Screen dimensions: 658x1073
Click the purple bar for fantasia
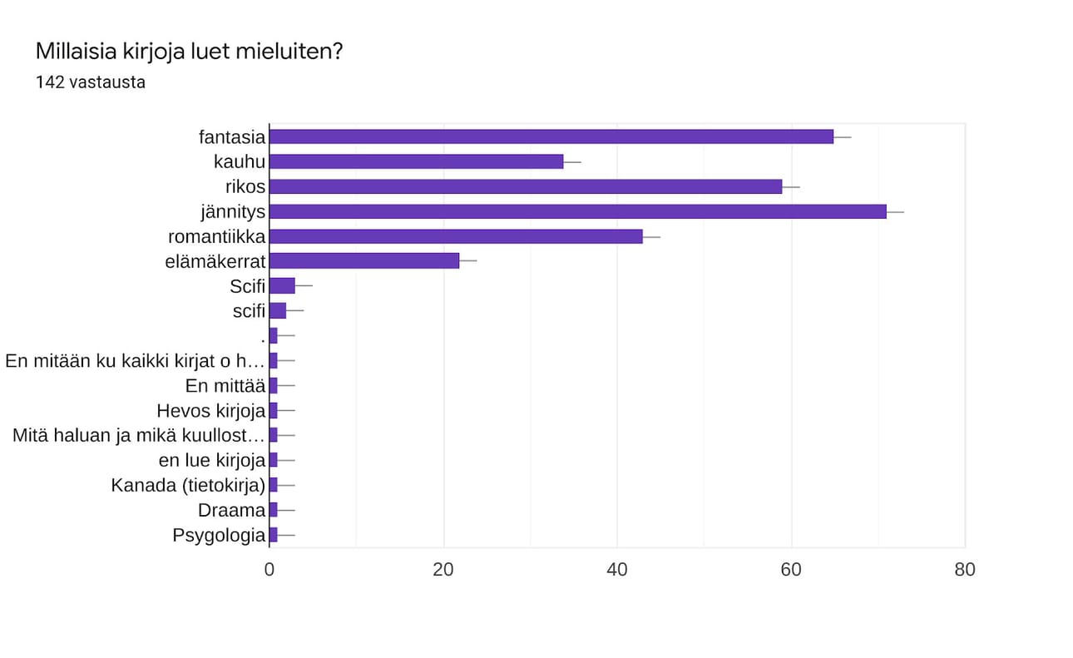click(551, 136)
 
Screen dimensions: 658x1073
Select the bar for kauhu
click(416, 161)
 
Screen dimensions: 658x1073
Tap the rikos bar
click(526, 186)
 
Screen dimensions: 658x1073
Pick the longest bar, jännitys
click(577, 211)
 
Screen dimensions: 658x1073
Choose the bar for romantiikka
click(456, 236)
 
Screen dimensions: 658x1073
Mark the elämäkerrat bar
click(364, 261)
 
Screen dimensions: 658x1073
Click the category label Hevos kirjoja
click(210, 411)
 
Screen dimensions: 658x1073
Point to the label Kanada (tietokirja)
click(188, 486)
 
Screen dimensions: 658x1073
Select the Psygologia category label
click(219, 536)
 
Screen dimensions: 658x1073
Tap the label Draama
click(231, 511)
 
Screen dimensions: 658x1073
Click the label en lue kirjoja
click(211, 461)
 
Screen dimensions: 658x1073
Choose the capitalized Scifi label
click(247, 286)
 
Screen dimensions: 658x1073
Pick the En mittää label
click(225, 386)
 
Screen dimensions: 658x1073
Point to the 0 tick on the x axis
click(269, 570)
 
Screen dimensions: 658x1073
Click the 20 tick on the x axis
click(443, 570)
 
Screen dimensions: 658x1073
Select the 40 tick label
click(617, 570)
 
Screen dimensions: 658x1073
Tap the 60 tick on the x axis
click(791, 570)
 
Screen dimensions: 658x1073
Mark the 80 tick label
click(965, 570)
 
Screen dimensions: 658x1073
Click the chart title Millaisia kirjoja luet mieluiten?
click(190, 52)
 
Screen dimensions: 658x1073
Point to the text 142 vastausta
click(91, 82)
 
